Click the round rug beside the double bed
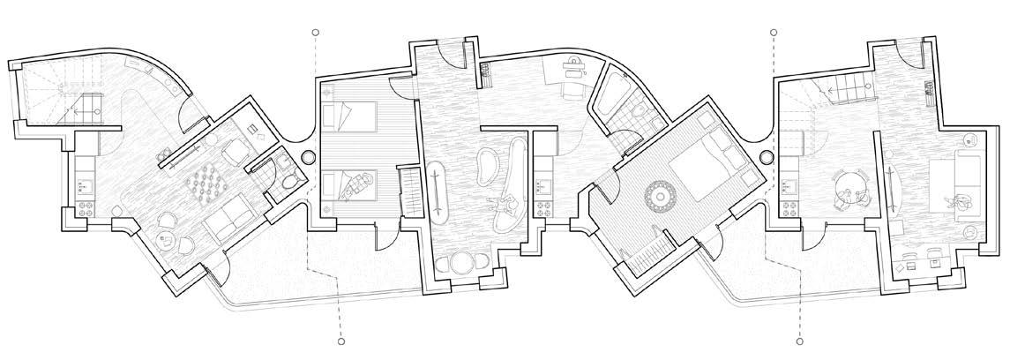[x=658, y=194]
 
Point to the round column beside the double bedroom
[x=766, y=156]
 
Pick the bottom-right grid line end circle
[x=797, y=339]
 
